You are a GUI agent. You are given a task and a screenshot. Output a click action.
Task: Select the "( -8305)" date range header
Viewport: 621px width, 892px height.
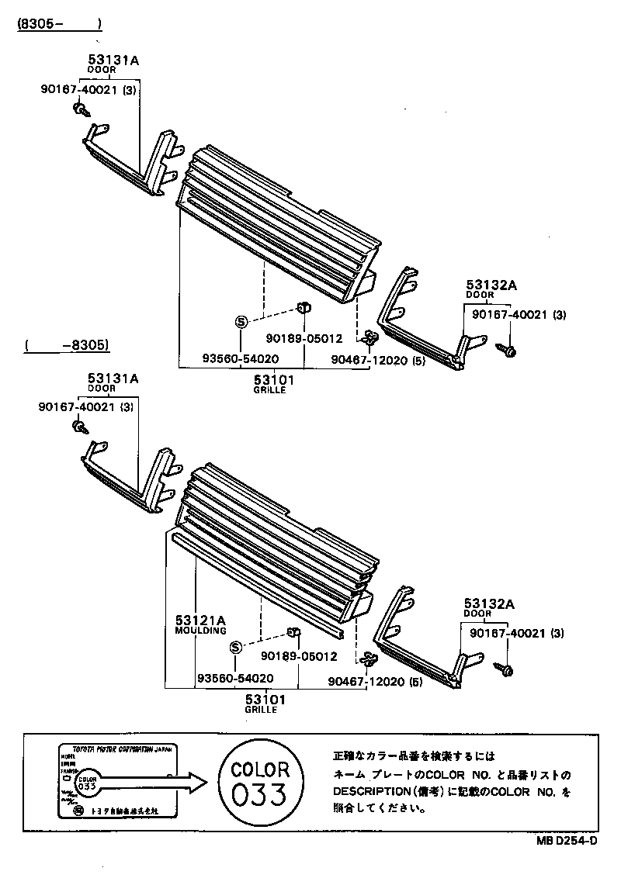click(66, 345)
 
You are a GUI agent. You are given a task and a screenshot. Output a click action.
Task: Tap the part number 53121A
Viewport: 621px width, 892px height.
click(199, 620)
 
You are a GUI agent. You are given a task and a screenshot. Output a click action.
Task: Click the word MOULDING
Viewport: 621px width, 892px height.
click(200, 631)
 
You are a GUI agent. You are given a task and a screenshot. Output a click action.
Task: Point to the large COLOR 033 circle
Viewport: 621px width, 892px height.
click(260, 783)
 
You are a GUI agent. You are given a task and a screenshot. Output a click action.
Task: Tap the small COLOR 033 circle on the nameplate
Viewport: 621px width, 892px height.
click(87, 781)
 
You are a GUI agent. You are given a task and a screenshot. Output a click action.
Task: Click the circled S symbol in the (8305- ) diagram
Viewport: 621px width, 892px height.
click(240, 321)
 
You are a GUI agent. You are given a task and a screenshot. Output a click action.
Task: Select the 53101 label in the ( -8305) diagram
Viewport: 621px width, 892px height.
click(265, 699)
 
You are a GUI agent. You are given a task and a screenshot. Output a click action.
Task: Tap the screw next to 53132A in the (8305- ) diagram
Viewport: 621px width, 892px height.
click(508, 351)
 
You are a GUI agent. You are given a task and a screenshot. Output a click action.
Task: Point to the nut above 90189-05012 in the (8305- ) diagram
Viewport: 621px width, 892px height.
click(305, 308)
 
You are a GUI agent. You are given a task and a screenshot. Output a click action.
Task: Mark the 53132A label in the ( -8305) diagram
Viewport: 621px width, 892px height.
click(490, 603)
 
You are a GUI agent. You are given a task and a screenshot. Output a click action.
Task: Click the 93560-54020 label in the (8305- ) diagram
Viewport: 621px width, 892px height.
click(240, 359)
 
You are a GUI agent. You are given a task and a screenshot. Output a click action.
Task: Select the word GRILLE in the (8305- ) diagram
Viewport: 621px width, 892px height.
click(269, 390)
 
